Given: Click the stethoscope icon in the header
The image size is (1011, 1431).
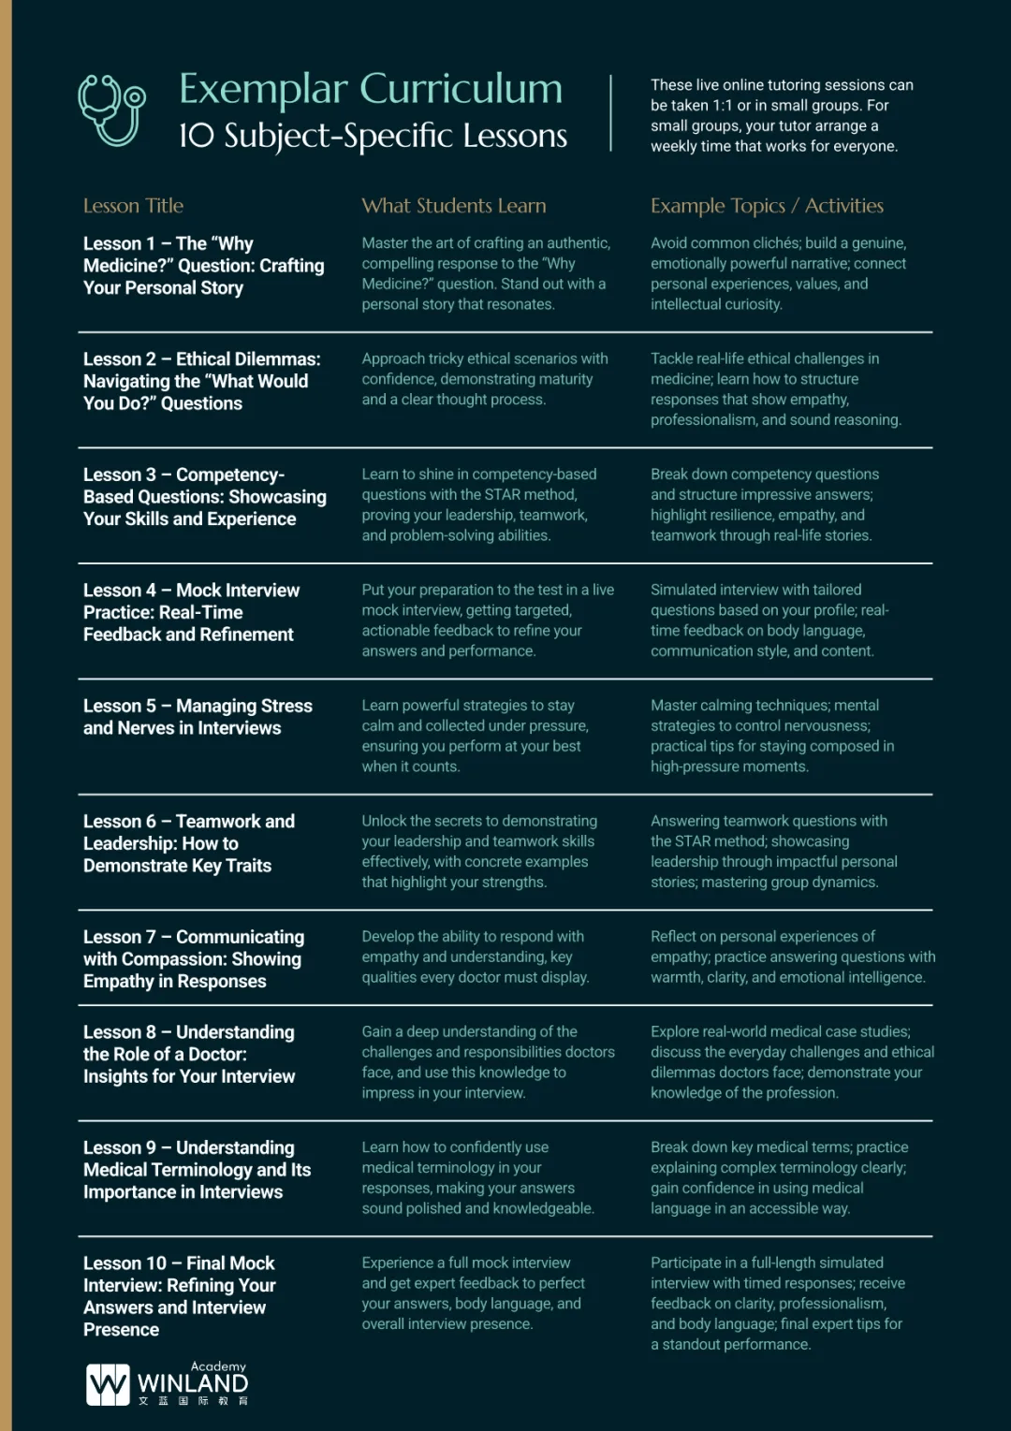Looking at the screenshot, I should [x=111, y=110].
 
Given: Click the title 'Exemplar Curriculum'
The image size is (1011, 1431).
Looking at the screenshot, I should [x=371, y=89].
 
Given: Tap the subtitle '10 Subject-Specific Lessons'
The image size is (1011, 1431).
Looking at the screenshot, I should [x=373, y=136].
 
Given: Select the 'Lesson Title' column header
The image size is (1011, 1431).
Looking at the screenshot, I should [x=133, y=206].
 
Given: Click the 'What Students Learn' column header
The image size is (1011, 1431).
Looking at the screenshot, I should [x=454, y=206].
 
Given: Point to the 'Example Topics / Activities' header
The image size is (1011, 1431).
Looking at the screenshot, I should [x=767, y=206].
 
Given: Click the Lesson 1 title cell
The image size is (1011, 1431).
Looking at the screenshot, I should [x=203, y=266].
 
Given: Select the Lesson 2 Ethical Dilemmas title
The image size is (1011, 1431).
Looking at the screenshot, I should [x=201, y=381].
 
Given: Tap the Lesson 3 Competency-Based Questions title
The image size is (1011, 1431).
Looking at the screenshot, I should [x=204, y=497].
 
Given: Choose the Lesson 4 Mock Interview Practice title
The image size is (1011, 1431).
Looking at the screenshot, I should [x=191, y=612].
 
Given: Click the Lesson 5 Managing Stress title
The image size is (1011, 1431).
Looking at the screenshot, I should [x=198, y=717].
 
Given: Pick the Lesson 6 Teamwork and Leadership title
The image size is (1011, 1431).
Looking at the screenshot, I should [x=188, y=843].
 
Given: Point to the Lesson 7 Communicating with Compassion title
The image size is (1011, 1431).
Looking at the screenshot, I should [x=193, y=958].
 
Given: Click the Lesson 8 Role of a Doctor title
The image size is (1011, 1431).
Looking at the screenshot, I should [x=188, y=1054].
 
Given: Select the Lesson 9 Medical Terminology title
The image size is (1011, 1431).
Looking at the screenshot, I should [x=197, y=1170].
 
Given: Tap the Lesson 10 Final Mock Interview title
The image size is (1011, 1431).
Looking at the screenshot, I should [x=179, y=1296].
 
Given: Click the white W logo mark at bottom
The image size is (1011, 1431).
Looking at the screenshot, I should [x=108, y=1384].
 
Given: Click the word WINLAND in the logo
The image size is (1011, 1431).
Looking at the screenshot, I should [x=193, y=1383].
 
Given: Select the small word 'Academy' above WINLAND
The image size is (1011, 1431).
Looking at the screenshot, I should [x=218, y=1366].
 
